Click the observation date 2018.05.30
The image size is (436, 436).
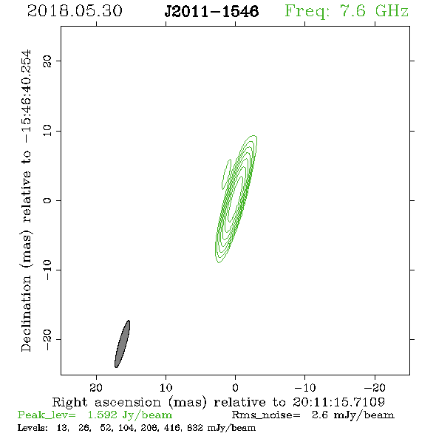[x=75, y=11]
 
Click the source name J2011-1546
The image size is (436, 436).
[x=211, y=11]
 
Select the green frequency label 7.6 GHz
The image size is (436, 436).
[x=374, y=11]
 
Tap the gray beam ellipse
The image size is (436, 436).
[x=123, y=344]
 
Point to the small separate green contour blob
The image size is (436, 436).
[x=226, y=174]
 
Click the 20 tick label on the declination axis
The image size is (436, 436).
[x=47, y=61]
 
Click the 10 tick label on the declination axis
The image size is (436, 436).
[x=47, y=131]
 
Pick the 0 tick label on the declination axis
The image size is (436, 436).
[x=47, y=200]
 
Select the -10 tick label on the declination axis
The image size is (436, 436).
[x=47, y=270]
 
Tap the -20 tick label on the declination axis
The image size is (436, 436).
[x=47, y=339]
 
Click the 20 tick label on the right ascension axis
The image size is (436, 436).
[x=96, y=388]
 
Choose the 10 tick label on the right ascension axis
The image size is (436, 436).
[x=166, y=388]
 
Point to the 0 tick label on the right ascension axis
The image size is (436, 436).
[x=235, y=388]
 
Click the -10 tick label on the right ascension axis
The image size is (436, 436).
[x=305, y=388]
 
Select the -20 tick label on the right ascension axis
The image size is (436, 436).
[x=375, y=388]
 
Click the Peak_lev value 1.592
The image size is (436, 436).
[x=102, y=415]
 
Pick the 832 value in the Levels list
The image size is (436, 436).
[x=195, y=427]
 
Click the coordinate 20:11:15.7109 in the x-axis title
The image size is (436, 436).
[x=338, y=402]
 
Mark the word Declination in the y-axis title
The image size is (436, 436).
[x=26, y=313]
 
